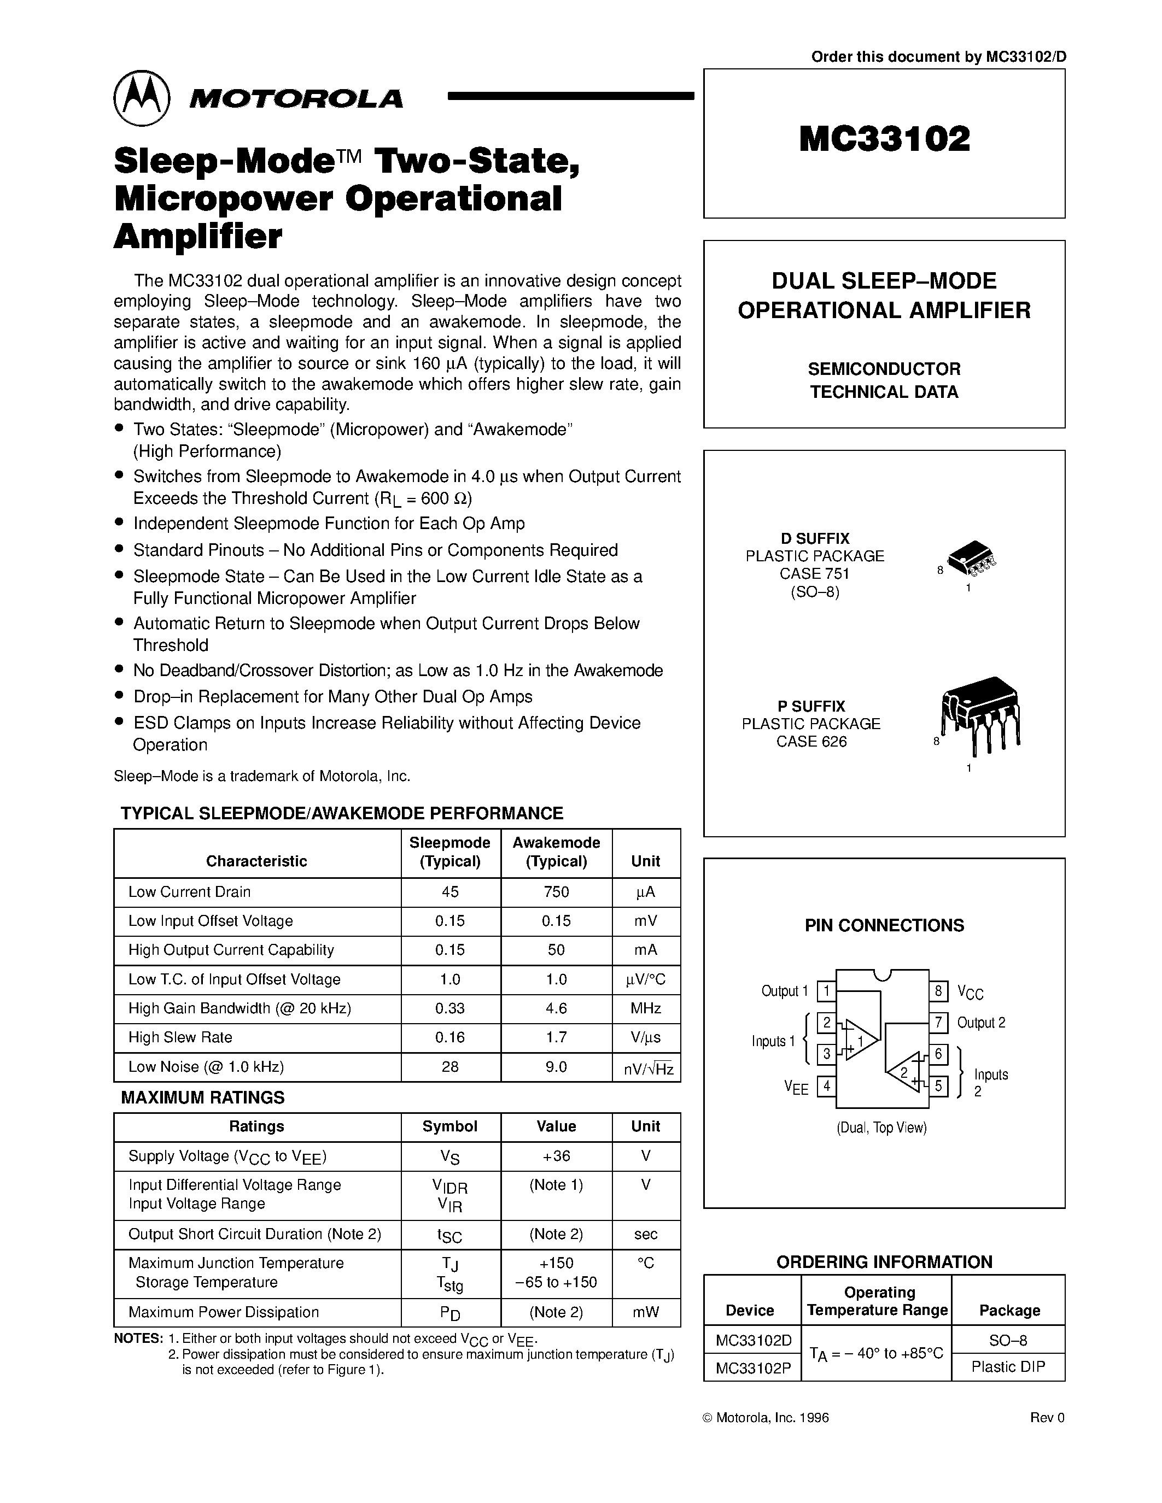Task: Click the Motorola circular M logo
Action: coord(142,98)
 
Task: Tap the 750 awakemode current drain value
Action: coord(556,892)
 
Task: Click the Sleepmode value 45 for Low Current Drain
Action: coord(450,892)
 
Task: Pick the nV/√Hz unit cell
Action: coord(647,1068)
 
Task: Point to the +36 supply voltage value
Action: coord(556,1156)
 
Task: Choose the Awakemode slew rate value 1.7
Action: coord(556,1037)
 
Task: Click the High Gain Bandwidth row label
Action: coord(240,1008)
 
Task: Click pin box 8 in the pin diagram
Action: coord(938,991)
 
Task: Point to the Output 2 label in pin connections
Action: coord(981,1023)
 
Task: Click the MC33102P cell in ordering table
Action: coord(752,1369)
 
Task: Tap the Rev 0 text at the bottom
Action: coord(1047,1418)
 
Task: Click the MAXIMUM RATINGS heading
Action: coord(202,1097)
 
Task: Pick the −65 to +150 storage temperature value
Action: coord(556,1282)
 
